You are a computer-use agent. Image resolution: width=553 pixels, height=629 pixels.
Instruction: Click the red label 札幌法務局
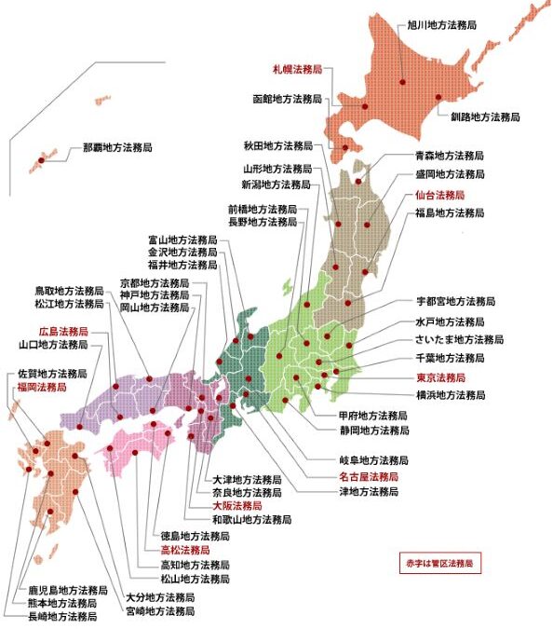pyautogui.click(x=297, y=69)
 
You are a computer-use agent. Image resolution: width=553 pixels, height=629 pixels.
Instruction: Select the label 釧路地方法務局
pyautogui.click(x=485, y=117)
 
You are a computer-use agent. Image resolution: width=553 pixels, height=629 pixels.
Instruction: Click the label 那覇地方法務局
pyautogui.click(x=117, y=147)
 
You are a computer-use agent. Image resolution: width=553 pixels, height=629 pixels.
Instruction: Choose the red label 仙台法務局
pyautogui.click(x=439, y=196)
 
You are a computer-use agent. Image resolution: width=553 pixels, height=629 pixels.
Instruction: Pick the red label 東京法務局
pyautogui.click(x=440, y=377)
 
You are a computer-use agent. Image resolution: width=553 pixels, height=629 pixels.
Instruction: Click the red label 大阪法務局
pyautogui.click(x=237, y=504)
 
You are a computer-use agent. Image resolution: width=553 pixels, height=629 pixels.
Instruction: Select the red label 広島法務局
pyautogui.click(x=63, y=331)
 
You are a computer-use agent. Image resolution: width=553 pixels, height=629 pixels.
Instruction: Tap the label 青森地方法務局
pyautogui.click(x=450, y=156)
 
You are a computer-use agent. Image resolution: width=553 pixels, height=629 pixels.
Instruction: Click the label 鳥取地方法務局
pyautogui.click(x=70, y=290)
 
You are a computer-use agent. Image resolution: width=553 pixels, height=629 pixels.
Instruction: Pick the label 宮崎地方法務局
pyautogui.click(x=161, y=611)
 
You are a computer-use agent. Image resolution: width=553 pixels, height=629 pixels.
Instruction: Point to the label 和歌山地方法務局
pyautogui.click(x=251, y=518)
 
